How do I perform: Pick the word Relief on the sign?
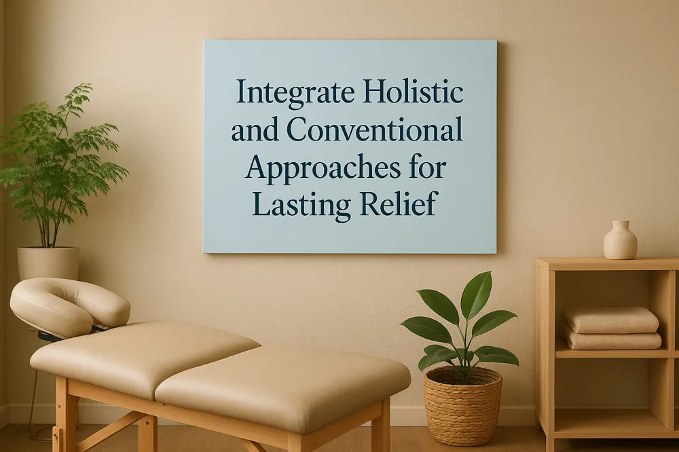(x=392, y=203)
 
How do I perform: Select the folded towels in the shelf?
(x=611, y=328)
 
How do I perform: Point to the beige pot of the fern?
(x=48, y=263)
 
